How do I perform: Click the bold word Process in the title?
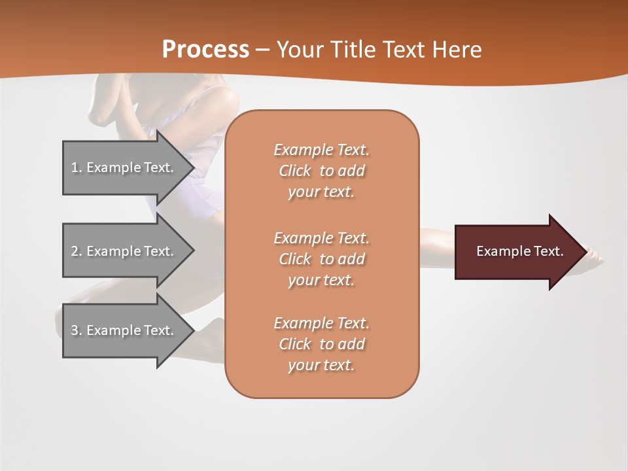(205, 50)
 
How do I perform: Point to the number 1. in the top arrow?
(77, 167)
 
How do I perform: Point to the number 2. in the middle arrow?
(77, 251)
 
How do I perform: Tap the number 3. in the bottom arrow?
(77, 330)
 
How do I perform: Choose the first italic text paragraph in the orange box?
(321, 171)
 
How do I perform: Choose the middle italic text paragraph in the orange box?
(321, 259)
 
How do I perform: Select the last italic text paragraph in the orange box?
(321, 344)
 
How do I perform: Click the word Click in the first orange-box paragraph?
(294, 171)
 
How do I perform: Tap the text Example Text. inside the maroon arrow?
(520, 251)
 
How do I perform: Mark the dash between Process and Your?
(263, 50)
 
